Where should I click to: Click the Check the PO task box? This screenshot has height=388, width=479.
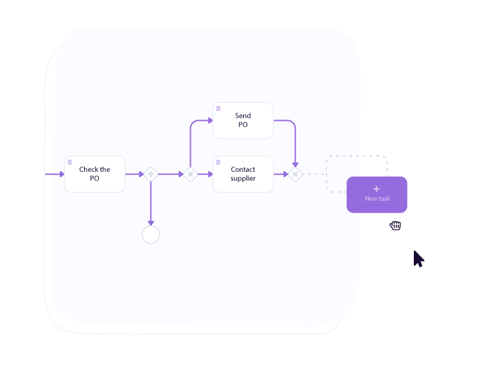[95, 174]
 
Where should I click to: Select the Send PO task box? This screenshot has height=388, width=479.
[243, 120]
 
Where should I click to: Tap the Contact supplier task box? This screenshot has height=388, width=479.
[243, 174]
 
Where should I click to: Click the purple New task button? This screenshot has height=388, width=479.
[377, 195]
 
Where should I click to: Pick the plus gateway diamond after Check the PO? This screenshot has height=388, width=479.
[150, 175]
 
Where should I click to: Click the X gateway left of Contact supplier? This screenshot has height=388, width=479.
[190, 175]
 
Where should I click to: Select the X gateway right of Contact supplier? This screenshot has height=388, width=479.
[295, 175]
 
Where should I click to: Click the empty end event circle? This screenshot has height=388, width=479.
[150, 234]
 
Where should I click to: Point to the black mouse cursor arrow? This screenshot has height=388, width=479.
[418, 258]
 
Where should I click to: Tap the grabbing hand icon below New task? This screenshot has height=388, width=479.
[396, 226]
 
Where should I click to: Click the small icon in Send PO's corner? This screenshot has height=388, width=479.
[218, 108]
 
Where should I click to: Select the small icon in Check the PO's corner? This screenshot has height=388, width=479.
[70, 162]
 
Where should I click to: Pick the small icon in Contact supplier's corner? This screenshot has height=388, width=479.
[218, 162]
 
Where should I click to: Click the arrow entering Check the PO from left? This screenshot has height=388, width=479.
[60, 175]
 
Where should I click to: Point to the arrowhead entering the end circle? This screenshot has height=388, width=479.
[150, 223]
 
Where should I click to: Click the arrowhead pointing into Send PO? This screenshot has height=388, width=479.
[210, 121]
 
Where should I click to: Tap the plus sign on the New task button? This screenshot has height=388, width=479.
[377, 189]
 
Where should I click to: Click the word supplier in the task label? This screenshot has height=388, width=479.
[243, 179]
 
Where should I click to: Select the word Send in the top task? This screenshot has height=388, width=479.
[243, 116]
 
